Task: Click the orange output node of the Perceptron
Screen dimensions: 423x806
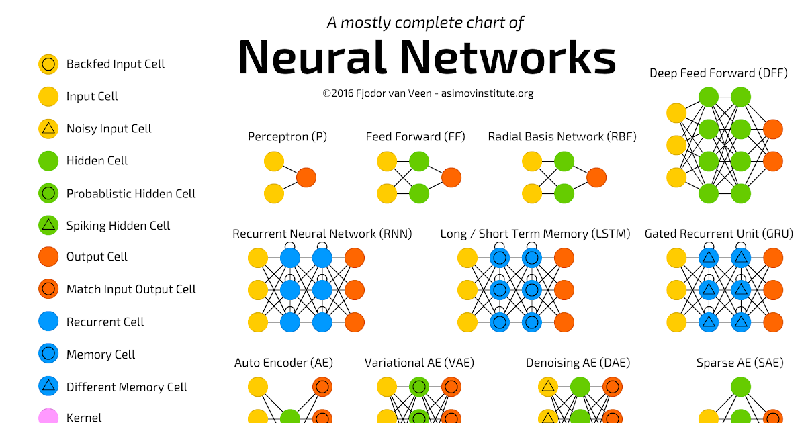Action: [x=306, y=177]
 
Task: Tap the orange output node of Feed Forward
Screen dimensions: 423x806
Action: [x=451, y=177]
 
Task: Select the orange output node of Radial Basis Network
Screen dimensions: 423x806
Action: [x=596, y=177]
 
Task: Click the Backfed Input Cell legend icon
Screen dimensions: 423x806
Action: [x=48, y=64]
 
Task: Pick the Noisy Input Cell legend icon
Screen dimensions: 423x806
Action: [x=48, y=129]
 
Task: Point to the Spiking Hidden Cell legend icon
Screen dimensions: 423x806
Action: [x=48, y=226]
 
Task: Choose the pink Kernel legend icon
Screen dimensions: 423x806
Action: [x=48, y=417]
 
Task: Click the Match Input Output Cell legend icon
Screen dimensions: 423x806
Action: [x=48, y=289]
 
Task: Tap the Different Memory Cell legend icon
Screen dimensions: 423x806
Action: [x=48, y=387]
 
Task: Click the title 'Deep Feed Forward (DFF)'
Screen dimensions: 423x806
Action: [x=718, y=73]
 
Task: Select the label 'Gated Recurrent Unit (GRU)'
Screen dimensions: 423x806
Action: [x=719, y=234]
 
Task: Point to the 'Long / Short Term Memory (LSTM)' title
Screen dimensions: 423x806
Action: [x=535, y=234]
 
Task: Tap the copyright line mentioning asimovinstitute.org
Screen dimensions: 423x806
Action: [x=428, y=93]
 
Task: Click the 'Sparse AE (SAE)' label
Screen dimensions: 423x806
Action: [x=740, y=363]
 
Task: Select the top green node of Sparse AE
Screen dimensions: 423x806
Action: [x=740, y=387]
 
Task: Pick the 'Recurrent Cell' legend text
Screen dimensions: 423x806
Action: [x=105, y=322]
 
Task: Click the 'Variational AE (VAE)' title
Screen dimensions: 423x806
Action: [x=419, y=363]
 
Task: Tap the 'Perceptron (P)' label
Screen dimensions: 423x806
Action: [x=287, y=137]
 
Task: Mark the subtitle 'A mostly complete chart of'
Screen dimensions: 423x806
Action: [x=425, y=23]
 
